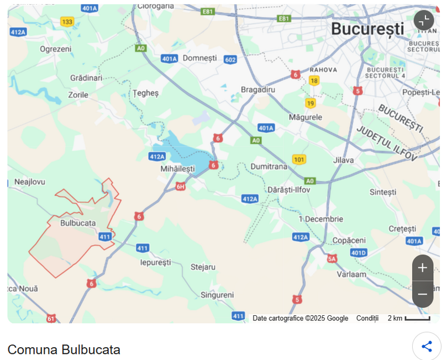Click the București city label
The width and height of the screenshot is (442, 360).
367,29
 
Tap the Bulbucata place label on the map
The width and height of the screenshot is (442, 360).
78,223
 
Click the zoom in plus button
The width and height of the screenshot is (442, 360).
423,268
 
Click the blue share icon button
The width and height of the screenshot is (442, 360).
427,346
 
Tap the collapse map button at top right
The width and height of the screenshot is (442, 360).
424,20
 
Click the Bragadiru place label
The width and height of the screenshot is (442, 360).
258,89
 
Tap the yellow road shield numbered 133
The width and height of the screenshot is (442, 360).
67,22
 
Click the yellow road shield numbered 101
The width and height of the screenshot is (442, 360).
299,160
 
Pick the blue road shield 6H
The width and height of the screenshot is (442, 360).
181,187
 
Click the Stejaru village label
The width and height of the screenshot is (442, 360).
203,267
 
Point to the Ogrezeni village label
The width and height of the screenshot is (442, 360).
56,49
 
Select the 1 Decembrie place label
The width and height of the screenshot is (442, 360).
320,219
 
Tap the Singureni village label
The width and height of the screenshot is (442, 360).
217,295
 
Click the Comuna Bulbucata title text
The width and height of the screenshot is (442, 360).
64,350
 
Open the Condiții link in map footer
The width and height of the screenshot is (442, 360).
367,318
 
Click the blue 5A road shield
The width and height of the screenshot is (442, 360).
331,258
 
